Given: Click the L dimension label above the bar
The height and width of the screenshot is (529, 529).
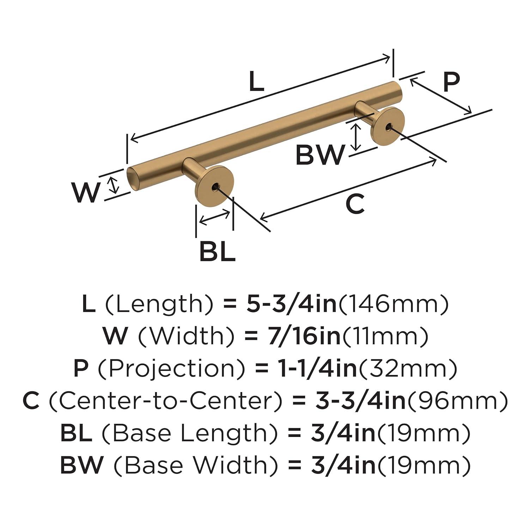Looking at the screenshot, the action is [x=256, y=81].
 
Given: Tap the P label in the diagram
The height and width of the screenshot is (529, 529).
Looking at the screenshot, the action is [x=451, y=82].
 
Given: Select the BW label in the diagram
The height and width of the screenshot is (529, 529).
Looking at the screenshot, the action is [x=320, y=155].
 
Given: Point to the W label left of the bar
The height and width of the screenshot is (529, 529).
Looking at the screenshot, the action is [x=85, y=192].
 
